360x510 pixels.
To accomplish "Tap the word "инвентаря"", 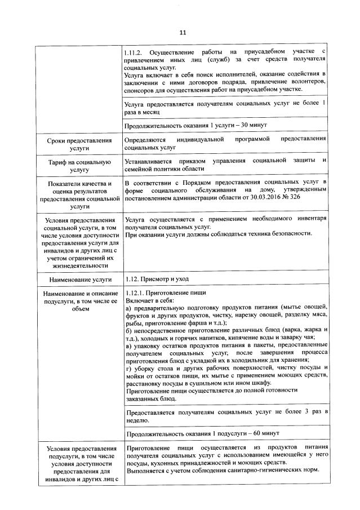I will [309, 219].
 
